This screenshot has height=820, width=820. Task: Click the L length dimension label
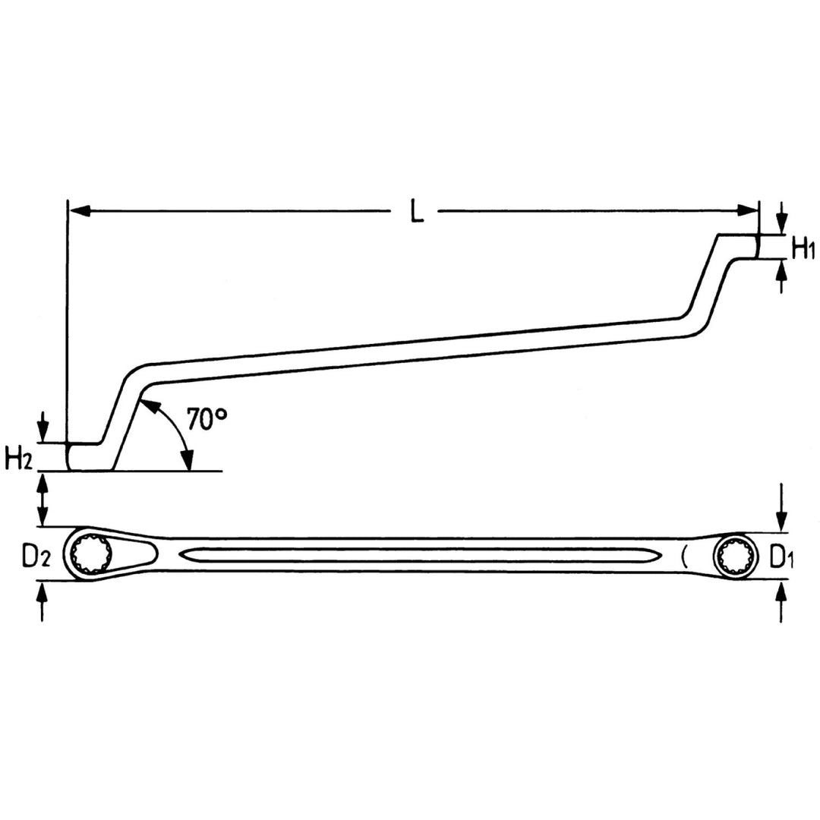[x=416, y=211]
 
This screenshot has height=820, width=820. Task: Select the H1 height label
[x=803, y=248]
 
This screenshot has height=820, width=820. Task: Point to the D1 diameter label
[x=782, y=557]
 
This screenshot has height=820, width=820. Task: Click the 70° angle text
[x=207, y=419]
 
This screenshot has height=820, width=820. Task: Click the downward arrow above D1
[x=781, y=516]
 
